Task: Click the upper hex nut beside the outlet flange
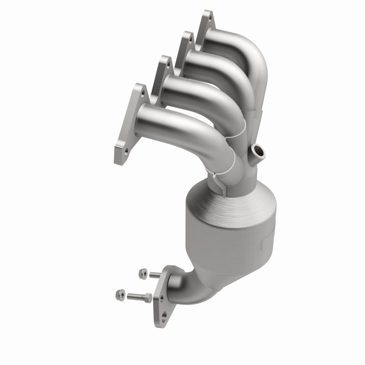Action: [141, 273]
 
